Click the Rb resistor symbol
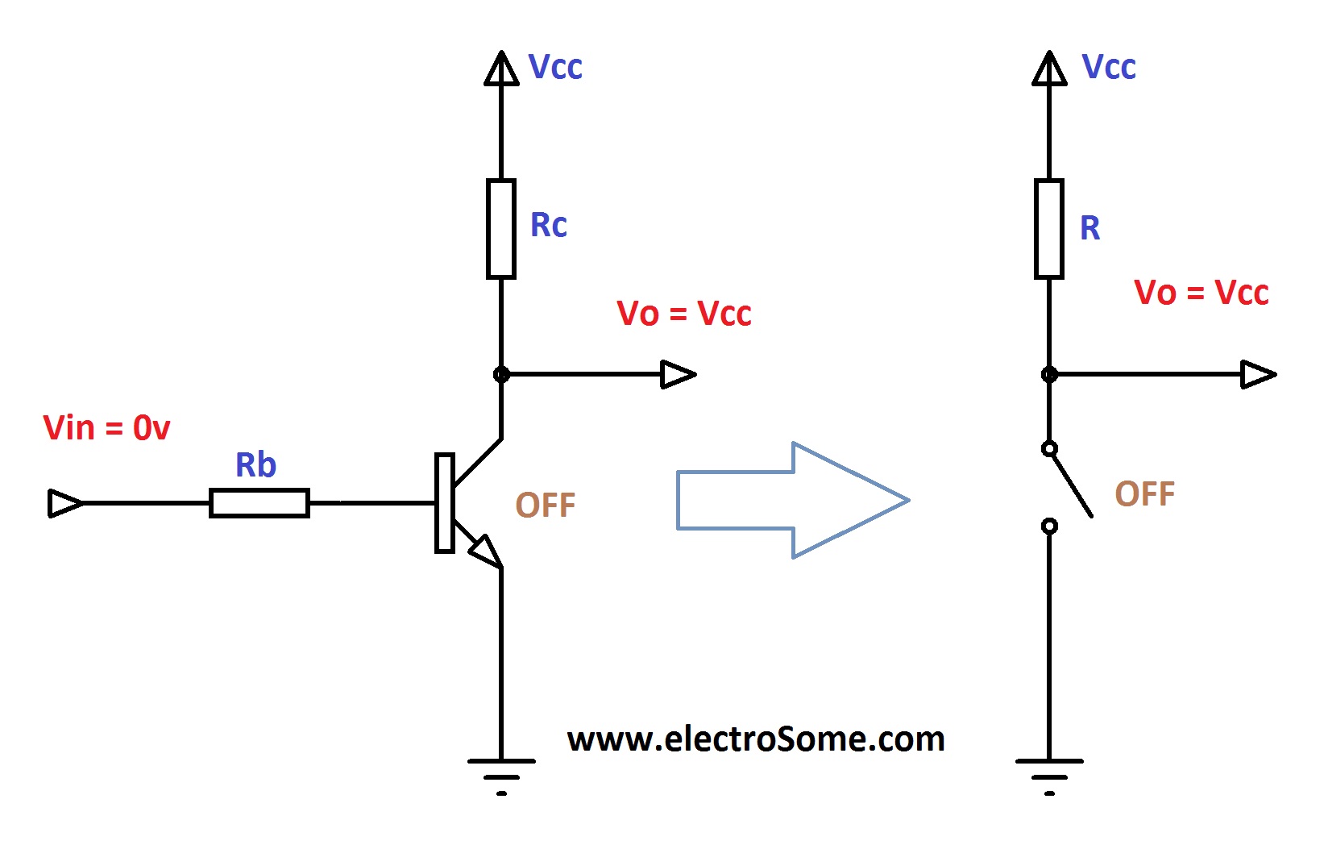point(259,503)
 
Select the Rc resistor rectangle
point(501,229)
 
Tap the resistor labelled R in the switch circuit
point(1049,229)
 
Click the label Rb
point(255,465)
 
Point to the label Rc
point(548,225)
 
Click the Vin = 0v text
point(106,428)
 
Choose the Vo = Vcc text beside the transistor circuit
point(683,314)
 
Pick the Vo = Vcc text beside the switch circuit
point(1201,293)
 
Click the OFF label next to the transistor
point(546,506)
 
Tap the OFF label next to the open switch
point(1144,494)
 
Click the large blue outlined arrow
point(793,500)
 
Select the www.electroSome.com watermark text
point(756,739)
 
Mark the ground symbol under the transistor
point(501,774)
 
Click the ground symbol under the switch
point(1049,774)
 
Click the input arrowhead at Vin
point(64,503)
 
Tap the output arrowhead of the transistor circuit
point(677,374)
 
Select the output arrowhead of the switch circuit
point(1257,374)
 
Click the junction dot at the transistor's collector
point(501,374)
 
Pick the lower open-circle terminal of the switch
point(1049,526)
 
